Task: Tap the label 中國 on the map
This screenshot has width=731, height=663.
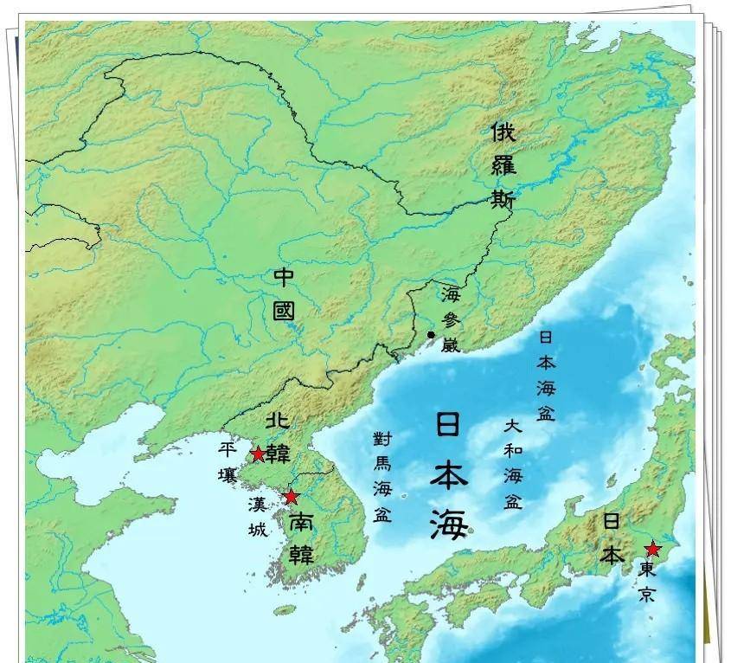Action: [285, 294]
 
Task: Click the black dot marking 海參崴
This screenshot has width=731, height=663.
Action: [431, 334]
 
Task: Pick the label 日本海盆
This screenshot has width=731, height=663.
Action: [546, 375]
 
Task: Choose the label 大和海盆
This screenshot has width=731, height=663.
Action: [513, 464]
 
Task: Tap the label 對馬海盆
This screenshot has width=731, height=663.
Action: [382, 475]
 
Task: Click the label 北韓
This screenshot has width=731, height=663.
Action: [278, 439]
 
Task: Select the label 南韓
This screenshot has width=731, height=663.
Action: [300, 537]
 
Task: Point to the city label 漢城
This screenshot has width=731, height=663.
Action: [257, 517]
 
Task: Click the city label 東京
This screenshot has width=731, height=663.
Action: [648, 582]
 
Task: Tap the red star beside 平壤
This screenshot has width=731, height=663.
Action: [258, 454]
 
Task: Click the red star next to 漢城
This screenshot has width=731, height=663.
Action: [292, 497]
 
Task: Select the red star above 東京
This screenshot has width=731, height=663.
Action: [653, 549]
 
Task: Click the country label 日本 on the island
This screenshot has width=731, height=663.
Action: [612, 537]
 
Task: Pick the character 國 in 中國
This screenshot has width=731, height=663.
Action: [285, 310]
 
